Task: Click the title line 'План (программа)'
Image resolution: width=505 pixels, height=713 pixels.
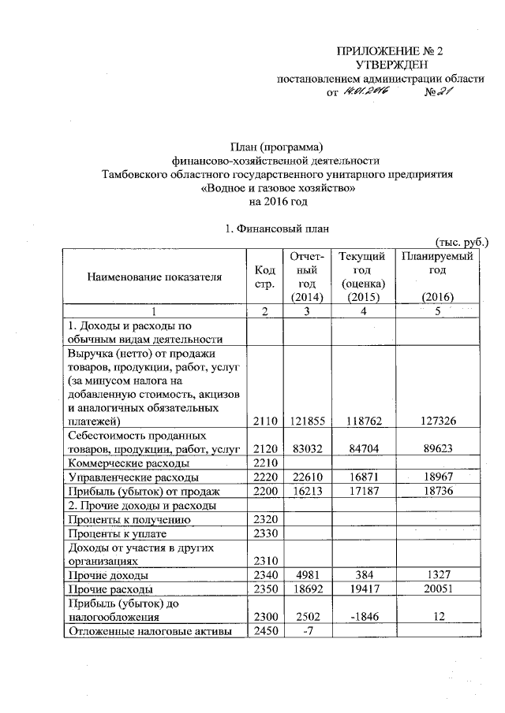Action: tap(276, 147)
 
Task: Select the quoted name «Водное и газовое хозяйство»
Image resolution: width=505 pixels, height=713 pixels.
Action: tap(276, 188)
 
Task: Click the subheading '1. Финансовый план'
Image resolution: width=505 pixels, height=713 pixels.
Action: tap(276, 229)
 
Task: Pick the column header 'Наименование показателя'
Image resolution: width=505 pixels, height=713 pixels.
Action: tap(155, 277)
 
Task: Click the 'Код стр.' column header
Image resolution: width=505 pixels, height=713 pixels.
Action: tap(265, 277)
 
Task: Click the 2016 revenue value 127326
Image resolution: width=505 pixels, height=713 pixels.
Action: tap(437, 420)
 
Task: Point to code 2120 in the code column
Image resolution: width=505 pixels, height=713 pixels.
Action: tap(265, 449)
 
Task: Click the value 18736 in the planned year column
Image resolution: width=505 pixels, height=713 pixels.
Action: tap(437, 492)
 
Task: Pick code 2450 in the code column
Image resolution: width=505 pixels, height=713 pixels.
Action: tap(265, 631)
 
